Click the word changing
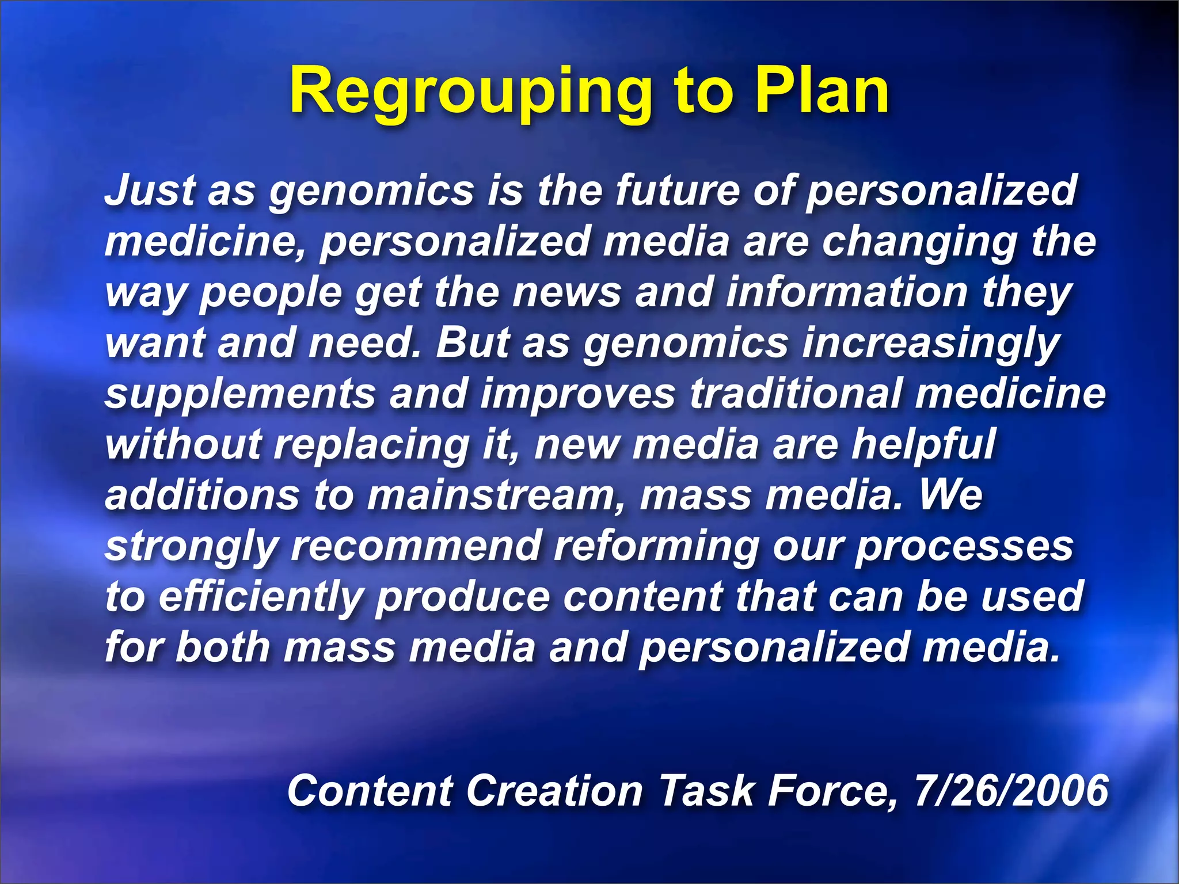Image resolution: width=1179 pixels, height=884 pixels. [x=919, y=242]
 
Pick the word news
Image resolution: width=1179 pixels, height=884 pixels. [x=566, y=292]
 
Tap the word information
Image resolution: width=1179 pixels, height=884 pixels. [x=846, y=292]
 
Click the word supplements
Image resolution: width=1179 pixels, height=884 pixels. [x=241, y=395]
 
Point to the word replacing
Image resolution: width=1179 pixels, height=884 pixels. [x=372, y=445]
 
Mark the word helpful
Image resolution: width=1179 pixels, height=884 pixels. [x=923, y=444]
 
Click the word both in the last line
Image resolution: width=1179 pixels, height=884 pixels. [x=222, y=647]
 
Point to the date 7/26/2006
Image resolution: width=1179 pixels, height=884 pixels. [x=1011, y=790]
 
